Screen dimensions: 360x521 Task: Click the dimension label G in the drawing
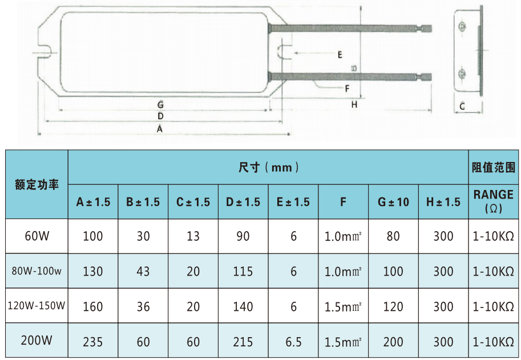point(161,105)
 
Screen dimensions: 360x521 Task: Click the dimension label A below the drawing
point(160,129)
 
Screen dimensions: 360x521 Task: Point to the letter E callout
point(340,55)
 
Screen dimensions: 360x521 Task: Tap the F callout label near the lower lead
point(347,88)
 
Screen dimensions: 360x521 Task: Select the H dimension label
point(354,105)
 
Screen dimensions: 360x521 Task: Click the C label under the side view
point(462,106)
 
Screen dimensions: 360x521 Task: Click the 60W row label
point(37,236)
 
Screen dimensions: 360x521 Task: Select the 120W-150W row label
point(37,306)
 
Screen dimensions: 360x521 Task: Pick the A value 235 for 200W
point(93,342)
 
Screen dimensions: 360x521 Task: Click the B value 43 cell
point(143,271)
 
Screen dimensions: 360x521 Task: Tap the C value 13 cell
point(193,236)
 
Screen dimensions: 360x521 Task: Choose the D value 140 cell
point(243,306)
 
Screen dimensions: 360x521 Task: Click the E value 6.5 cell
point(293,342)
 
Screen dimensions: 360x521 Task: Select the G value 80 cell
point(393,236)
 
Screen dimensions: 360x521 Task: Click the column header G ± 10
point(393,202)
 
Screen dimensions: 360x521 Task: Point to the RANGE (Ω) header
point(494,201)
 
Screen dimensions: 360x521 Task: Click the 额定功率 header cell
point(37,184)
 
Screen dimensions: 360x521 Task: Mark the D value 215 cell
point(243,342)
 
